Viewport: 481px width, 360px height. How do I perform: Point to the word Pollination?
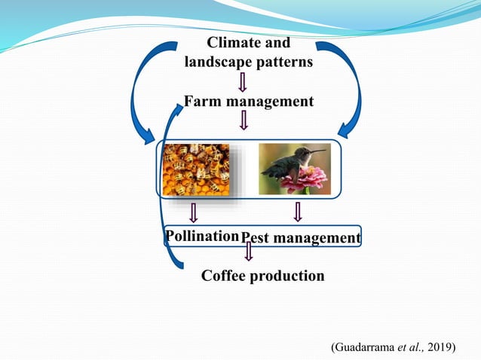tap(202, 236)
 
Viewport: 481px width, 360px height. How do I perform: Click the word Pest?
tap(254, 239)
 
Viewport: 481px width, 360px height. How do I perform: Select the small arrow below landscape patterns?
tap(244, 81)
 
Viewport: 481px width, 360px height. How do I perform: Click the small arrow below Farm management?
tap(244, 120)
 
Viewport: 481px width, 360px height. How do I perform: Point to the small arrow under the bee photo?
tap(194, 212)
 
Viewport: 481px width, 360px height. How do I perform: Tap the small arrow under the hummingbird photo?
tap(298, 212)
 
